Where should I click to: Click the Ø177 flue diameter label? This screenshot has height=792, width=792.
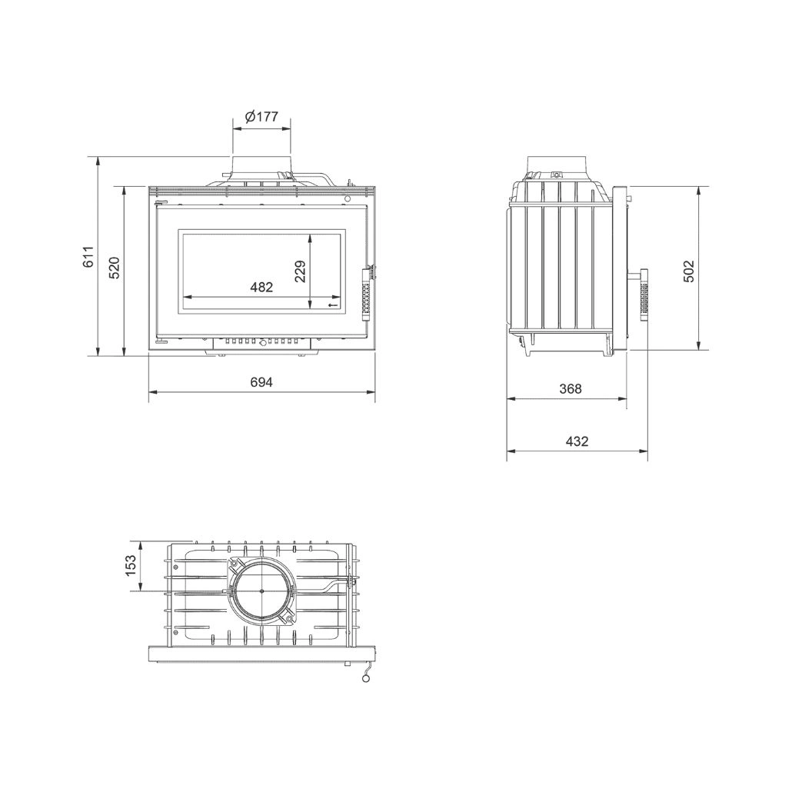tap(261, 117)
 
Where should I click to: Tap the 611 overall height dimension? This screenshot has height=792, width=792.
tap(88, 256)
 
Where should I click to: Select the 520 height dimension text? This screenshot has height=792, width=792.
tap(114, 267)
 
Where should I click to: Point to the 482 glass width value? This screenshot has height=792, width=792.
tap(261, 287)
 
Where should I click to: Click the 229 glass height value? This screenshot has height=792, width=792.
tap(300, 271)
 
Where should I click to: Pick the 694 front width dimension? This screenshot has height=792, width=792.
tap(261, 382)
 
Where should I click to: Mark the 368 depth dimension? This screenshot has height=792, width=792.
tap(570, 389)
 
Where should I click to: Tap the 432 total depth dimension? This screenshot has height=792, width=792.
tap(577, 441)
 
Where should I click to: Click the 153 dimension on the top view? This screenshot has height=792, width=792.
tap(130, 565)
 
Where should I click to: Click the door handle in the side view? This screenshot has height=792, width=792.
tap(643, 296)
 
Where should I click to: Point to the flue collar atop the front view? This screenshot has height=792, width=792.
tap(261, 165)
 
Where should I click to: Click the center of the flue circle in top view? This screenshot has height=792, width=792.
tap(261, 590)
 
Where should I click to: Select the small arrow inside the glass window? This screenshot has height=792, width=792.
tap(333, 306)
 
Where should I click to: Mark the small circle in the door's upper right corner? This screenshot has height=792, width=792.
tap(348, 199)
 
